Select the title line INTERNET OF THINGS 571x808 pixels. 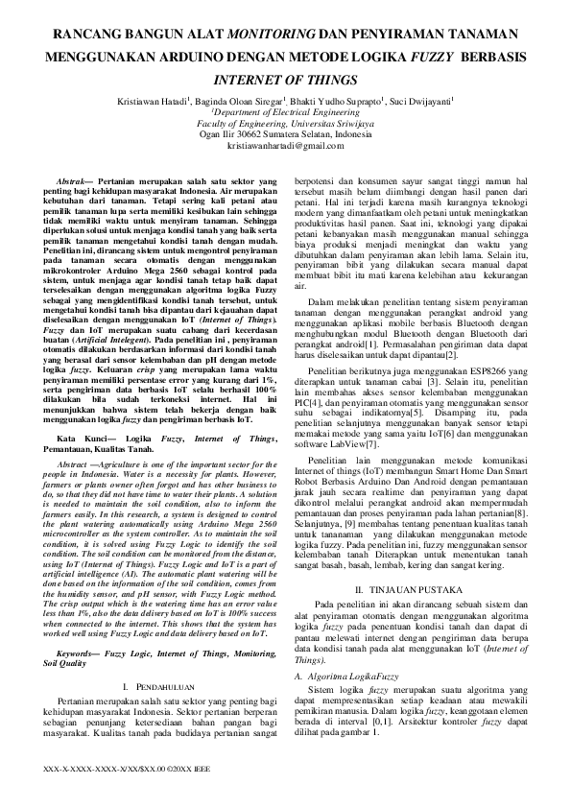pyautogui.click(x=284, y=79)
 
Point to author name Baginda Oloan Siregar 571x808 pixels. pyautogui.click(x=244, y=99)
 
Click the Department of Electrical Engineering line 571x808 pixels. pyautogui.click(x=285, y=111)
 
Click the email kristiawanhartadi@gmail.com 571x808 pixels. pyautogui.click(x=285, y=146)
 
